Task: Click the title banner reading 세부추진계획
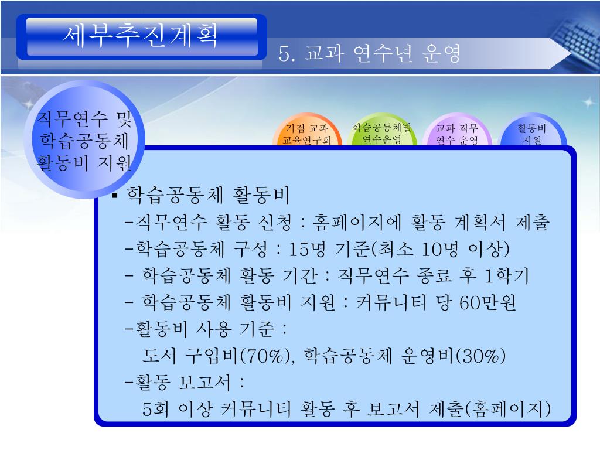(x=141, y=37)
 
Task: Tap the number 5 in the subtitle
(x=284, y=53)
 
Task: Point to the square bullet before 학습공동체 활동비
(x=114, y=196)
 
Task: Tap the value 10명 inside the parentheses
(x=439, y=249)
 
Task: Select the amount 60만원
(x=487, y=302)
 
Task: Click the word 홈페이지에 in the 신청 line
(x=357, y=222)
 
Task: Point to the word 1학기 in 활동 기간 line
(x=506, y=275)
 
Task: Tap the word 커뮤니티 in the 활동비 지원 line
(x=391, y=302)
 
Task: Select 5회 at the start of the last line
(x=155, y=409)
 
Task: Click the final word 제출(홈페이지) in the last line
(x=490, y=409)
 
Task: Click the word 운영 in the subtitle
(x=441, y=53)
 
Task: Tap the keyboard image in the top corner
(x=575, y=39)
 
